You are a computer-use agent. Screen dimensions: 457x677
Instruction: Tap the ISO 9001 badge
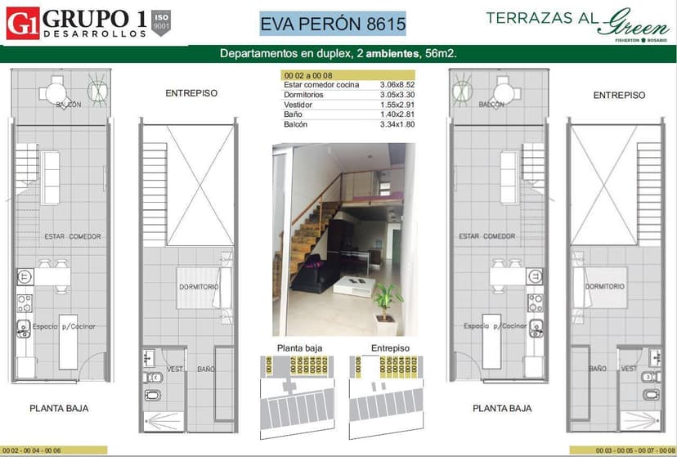pos(163,22)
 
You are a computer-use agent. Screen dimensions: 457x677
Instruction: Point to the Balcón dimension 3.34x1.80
pos(398,125)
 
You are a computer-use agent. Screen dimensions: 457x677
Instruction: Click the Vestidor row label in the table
pos(298,105)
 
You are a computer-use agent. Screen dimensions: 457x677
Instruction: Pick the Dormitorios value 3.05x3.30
pos(398,95)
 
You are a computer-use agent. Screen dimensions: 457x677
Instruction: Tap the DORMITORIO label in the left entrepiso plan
pos(199,287)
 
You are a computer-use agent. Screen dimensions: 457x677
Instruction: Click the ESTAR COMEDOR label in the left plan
pos(73,236)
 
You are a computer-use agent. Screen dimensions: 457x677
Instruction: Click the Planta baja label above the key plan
pos(299,348)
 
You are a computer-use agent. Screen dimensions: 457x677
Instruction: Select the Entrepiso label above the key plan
pos(389,348)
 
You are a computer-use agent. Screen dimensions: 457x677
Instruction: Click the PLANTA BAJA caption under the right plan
pos(502,408)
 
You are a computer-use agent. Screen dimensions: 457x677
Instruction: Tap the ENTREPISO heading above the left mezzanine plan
pos(191,93)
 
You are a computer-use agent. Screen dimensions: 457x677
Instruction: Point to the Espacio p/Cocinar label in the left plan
pos(65,326)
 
